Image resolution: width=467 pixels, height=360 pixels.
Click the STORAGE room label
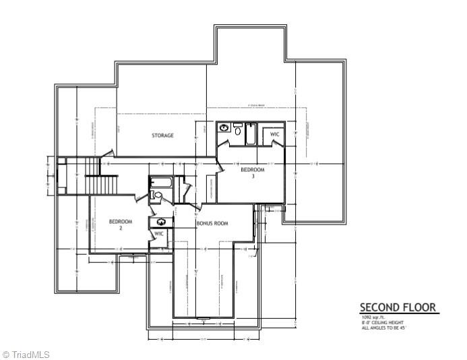coord(162,136)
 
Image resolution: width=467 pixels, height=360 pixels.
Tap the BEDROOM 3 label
coord(253,173)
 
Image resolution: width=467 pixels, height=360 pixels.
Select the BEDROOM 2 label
coord(121,224)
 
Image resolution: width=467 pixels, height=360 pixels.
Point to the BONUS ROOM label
coord(212,223)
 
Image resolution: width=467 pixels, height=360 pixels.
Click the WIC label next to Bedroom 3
coord(274,135)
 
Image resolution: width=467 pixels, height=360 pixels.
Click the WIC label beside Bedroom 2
coord(159,234)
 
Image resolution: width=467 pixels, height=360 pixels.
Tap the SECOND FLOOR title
coord(398,307)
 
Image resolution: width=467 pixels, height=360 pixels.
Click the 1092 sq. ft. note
coord(373,318)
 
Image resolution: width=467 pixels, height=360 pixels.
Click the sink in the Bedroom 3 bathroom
coord(224,127)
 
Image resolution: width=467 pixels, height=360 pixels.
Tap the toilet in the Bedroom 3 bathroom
coord(237,126)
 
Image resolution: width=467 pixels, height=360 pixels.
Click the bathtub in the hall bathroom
coord(162,183)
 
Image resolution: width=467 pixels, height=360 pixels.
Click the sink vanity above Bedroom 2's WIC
coord(161,221)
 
